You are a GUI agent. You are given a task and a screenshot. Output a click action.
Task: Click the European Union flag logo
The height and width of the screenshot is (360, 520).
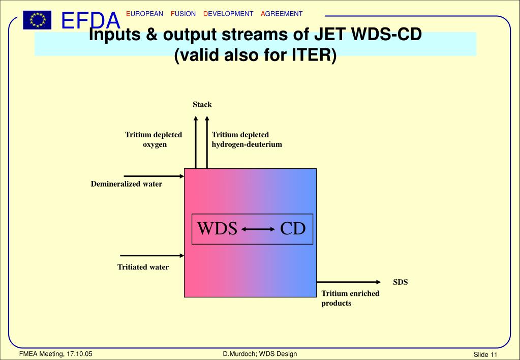pyautogui.click(x=37, y=20)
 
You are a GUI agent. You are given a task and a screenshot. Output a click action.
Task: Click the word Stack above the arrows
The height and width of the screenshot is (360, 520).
pyautogui.click(x=202, y=105)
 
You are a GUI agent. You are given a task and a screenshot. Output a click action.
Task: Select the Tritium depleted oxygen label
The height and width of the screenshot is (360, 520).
pyautogui.click(x=154, y=139)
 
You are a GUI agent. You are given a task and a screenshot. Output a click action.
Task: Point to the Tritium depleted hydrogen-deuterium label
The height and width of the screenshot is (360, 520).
pyautogui.click(x=247, y=139)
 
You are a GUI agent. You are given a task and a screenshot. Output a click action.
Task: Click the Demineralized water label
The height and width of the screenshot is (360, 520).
pyautogui.click(x=127, y=184)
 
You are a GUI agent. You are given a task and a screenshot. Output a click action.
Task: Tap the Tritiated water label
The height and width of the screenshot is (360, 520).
pyautogui.click(x=143, y=267)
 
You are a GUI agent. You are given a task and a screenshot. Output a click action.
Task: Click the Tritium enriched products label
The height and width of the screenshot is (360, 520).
pyautogui.click(x=350, y=298)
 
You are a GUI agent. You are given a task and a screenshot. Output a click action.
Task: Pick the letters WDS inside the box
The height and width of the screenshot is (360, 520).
pyautogui.click(x=217, y=229)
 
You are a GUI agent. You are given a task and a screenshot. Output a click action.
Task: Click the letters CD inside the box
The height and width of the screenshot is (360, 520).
pyautogui.click(x=293, y=229)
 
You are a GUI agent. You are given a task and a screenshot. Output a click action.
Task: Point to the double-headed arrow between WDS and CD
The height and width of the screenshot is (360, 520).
pyautogui.click(x=258, y=229)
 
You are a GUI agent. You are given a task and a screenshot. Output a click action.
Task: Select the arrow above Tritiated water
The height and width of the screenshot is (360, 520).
pyautogui.click(x=151, y=255)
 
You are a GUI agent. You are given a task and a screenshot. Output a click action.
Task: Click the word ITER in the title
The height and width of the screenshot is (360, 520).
pyautogui.click(x=312, y=54)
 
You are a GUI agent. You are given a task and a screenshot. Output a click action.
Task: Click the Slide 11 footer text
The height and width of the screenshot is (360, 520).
pyautogui.click(x=485, y=354)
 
